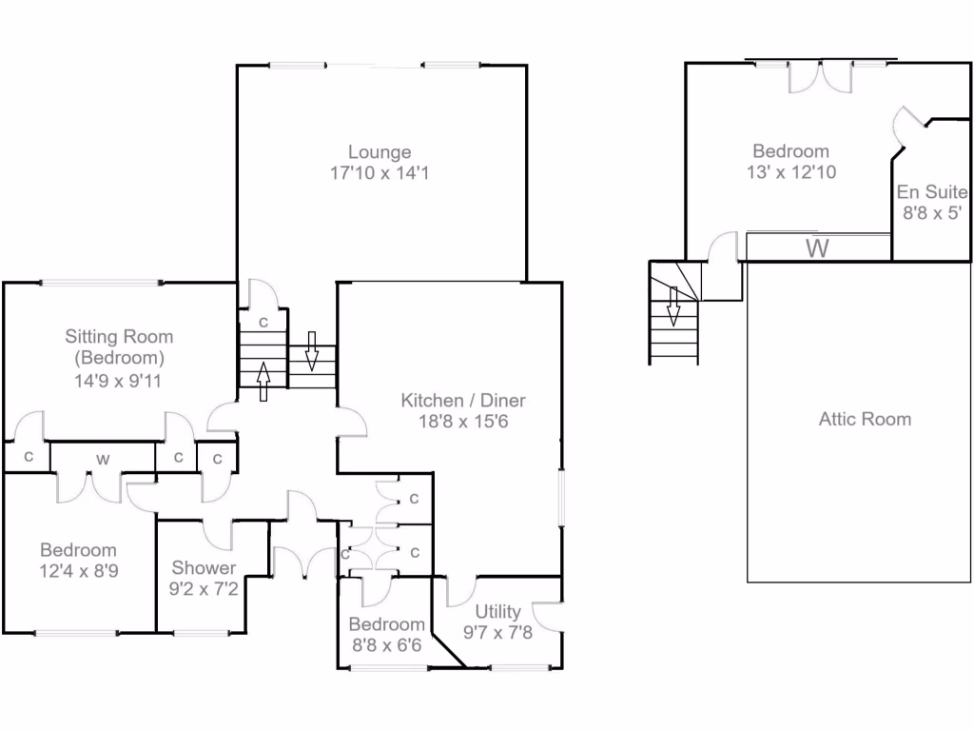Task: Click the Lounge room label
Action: point(380,152)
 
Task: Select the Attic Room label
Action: point(865,419)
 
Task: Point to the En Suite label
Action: point(931,192)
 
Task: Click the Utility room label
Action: point(497,611)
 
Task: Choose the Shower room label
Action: point(204,568)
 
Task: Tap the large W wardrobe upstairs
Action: point(816,249)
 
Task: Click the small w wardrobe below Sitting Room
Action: point(102,460)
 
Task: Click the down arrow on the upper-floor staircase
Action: point(672,306)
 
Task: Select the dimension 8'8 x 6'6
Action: point(386,644)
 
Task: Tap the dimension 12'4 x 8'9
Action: point(78,570)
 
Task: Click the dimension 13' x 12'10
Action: point(790,172)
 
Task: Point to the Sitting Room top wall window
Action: point(100,282)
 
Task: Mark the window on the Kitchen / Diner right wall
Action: point(561,498)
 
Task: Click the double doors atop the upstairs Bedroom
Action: point(820,76)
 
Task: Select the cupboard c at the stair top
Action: point(263,322)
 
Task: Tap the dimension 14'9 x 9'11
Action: point(118,379)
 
